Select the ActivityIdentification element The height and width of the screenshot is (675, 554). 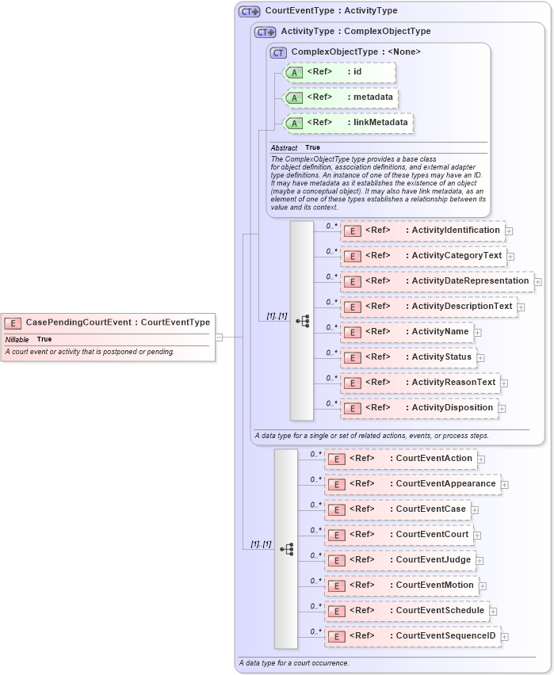point(422,231)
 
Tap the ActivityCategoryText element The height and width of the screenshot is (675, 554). point(422,256)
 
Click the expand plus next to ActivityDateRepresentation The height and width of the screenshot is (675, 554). point(538,281)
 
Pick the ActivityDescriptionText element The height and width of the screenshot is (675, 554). point(428,307)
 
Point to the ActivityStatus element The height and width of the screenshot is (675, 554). point(408,357)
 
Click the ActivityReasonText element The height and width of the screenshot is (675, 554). point(419,383)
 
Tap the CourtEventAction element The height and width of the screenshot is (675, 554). point(400,459)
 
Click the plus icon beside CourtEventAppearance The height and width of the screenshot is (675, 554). point(505,484)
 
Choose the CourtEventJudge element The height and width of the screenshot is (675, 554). point(399,560)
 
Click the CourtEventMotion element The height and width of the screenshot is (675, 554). point(401,585)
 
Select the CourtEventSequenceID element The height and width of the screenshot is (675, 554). point(412,636)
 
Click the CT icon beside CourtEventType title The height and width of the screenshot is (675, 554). point(250,12)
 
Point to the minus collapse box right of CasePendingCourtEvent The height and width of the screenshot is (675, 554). point(219,337)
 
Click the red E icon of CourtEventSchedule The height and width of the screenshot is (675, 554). point(337,612)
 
